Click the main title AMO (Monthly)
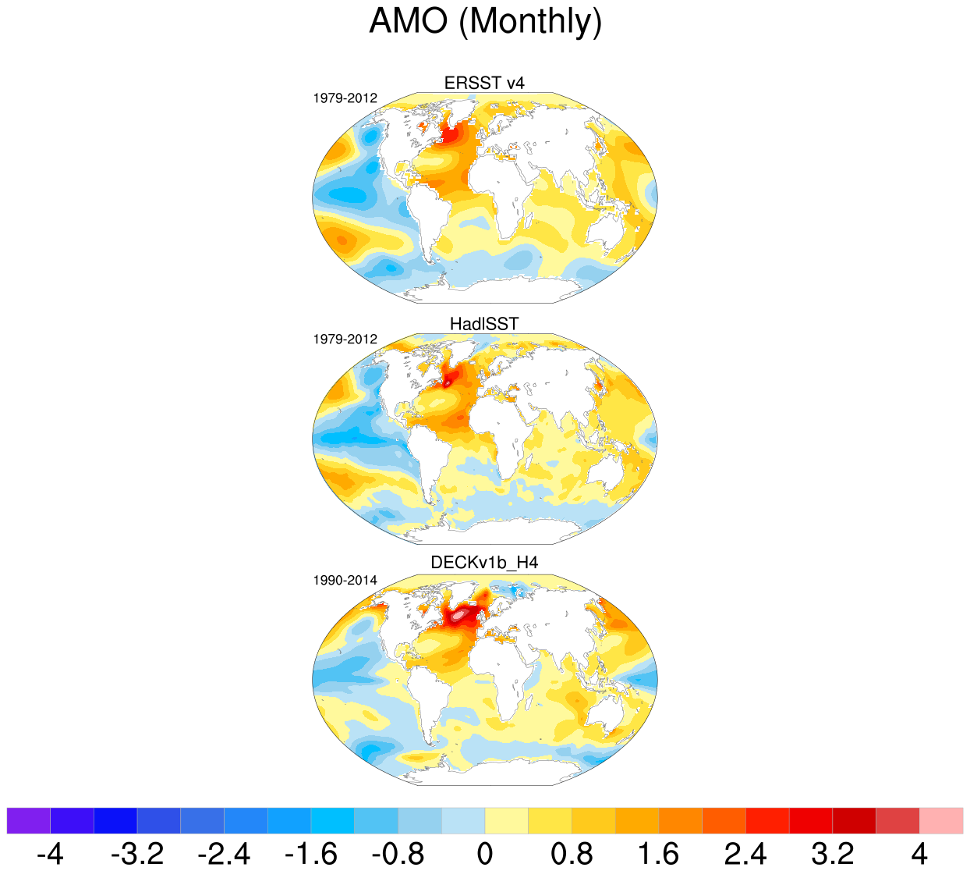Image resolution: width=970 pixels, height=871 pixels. point(485,21)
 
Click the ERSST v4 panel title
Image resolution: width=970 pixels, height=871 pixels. point(484,83)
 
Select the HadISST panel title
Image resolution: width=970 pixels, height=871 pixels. point(484,323)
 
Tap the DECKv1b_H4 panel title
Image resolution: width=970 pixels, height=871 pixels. point(484,563)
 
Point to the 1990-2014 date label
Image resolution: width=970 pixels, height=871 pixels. point(345,581)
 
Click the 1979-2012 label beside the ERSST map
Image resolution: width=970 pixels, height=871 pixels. point(345,98)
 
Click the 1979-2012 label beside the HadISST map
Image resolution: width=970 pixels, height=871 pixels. point(345,340)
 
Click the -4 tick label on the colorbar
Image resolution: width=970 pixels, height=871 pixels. point(50,853)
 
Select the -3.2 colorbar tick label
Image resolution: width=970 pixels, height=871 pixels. point(137,853)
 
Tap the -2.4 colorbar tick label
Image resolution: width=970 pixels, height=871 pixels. point(224,853)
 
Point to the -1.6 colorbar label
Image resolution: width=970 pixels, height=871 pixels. point(310,853)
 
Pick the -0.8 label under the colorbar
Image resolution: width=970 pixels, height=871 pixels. point(398,853)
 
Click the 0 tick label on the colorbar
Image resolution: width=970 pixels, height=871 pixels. point(485,853)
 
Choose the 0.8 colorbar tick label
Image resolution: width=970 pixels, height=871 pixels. point(572,853)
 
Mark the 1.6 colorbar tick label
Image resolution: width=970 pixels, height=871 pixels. point(659,853)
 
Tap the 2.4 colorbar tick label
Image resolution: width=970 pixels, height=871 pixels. point(745,853)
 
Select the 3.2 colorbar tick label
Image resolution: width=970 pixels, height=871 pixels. point(833,853)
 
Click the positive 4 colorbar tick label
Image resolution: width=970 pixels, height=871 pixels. point(919,853)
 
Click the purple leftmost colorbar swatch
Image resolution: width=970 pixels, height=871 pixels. point(28,821)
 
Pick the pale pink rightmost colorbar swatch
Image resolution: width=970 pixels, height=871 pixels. point(941,821)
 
